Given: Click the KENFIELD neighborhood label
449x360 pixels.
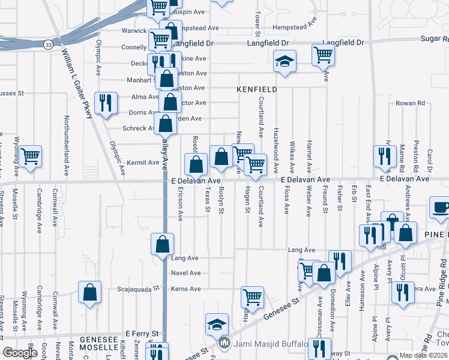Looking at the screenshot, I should pos(256,89).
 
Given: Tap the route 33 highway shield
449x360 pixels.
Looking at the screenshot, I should pos(48,44).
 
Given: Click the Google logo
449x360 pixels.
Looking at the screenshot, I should pos(20,353).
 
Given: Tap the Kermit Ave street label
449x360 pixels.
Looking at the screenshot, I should pos(142,163).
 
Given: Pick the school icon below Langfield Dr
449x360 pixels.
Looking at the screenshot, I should pos(285,61).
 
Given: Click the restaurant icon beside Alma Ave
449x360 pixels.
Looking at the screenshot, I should pos(104,101).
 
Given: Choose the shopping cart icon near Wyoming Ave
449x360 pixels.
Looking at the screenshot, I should pos(30,157).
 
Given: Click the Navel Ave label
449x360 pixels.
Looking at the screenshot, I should pos(186,273).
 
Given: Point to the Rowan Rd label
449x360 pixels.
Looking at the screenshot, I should pos(410,103).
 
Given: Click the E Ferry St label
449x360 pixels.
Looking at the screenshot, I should pos(142,334).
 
